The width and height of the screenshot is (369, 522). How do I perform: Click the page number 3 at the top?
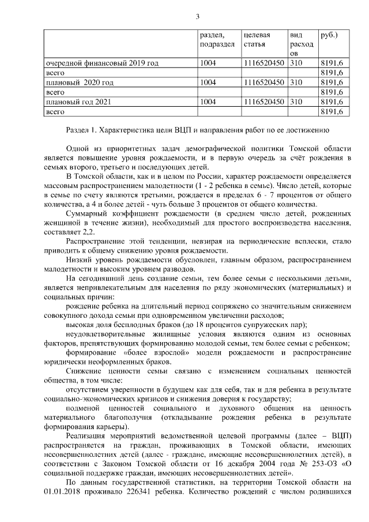point(198,16)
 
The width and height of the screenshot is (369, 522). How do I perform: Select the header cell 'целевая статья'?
point(257,39)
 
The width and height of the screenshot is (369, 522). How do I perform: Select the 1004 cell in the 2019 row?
point(208,63)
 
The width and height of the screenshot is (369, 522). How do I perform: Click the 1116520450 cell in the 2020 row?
point(264,82)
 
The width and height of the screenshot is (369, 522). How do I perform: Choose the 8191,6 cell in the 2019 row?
point(333,63)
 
